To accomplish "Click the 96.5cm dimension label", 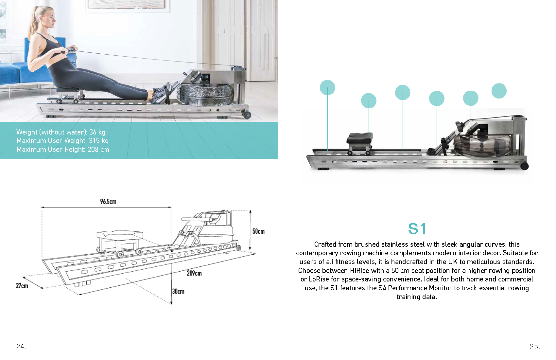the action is [108, 202].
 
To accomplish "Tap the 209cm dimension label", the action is [194, 273].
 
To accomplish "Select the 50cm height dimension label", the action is [258, 231].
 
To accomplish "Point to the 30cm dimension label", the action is [178, 291].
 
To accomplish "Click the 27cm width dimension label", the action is [22, 286].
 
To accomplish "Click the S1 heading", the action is [417, 229].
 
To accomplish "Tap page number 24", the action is [21, 347].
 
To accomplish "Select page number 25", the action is [535, 347].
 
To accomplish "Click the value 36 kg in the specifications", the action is [97, 132].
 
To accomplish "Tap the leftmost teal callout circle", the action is [327, 88].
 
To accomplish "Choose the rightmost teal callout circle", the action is [499, 91].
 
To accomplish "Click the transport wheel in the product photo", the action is [524, 166].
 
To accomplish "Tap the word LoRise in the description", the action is [319, 279].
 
